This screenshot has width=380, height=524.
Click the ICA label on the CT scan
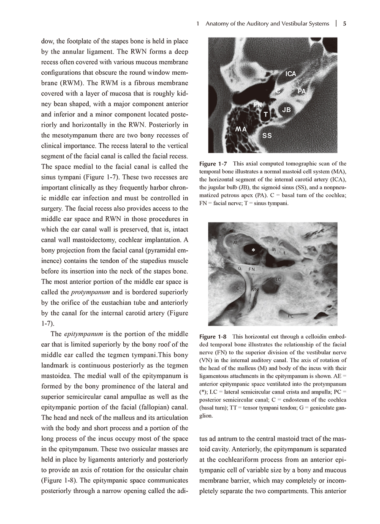click(290, 74)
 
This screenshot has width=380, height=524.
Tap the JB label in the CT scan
click(287, 110)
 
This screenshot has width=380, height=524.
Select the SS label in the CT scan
click(267, 136)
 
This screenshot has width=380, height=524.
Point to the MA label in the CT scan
click(242, 129)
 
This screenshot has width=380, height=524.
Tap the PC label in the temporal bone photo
click(291, 316)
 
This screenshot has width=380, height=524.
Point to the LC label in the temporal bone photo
click(278, 280)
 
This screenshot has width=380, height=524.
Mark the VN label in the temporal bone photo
click(255, 290)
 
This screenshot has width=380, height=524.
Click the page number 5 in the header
click(345, 24)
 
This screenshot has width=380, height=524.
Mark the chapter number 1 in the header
click(198, 24)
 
